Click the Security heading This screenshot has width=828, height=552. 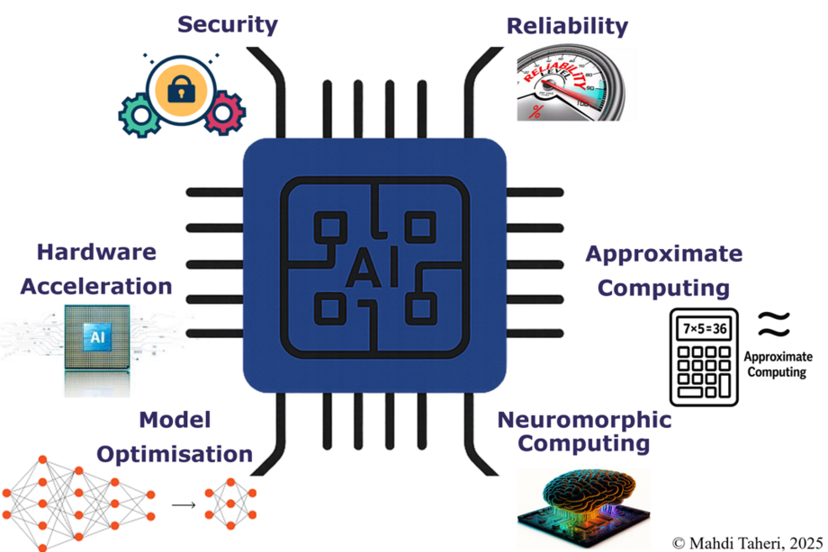tap(228, 23)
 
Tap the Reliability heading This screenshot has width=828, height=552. tap(567, 25)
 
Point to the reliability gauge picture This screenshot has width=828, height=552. tap(572, 85)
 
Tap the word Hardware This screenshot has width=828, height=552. tap(96, 253)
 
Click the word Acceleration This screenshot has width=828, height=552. tap(96, 287)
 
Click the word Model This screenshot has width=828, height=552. tap(175, 419)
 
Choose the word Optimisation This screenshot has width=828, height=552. tap(175, 453)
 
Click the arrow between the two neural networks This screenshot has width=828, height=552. tap(184, 504)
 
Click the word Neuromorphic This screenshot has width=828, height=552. tap(584, 420)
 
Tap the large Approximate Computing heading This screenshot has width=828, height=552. tap(664, 271)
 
